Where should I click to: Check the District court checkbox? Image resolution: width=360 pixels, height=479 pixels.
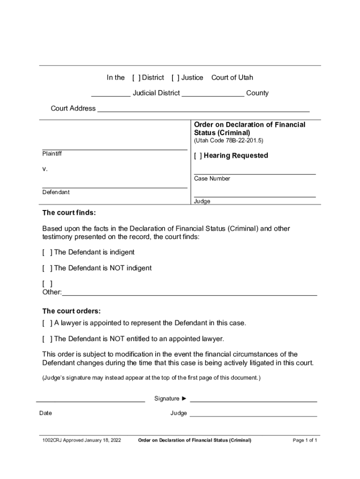tap(136, 78)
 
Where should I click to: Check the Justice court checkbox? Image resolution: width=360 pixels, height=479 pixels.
tap(175, 78)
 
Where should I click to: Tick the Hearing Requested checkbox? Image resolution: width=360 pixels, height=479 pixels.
tap(198, 156)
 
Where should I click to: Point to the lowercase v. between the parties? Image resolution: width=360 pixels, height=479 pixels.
tap(45, 169)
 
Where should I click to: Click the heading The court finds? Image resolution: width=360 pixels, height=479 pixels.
tap(69, 213)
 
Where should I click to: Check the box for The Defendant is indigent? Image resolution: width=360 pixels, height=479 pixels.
tap(47, 253)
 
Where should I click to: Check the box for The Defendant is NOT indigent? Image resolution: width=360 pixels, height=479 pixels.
tap(47, 269)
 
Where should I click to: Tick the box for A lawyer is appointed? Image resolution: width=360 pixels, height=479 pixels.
tap(47, 323)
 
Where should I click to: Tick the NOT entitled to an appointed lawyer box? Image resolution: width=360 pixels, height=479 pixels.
tap(47, 339)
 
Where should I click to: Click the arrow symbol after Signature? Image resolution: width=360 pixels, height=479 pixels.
tap(184, 399)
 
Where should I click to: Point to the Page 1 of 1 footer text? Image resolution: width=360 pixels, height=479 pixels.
tap(305, 441)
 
